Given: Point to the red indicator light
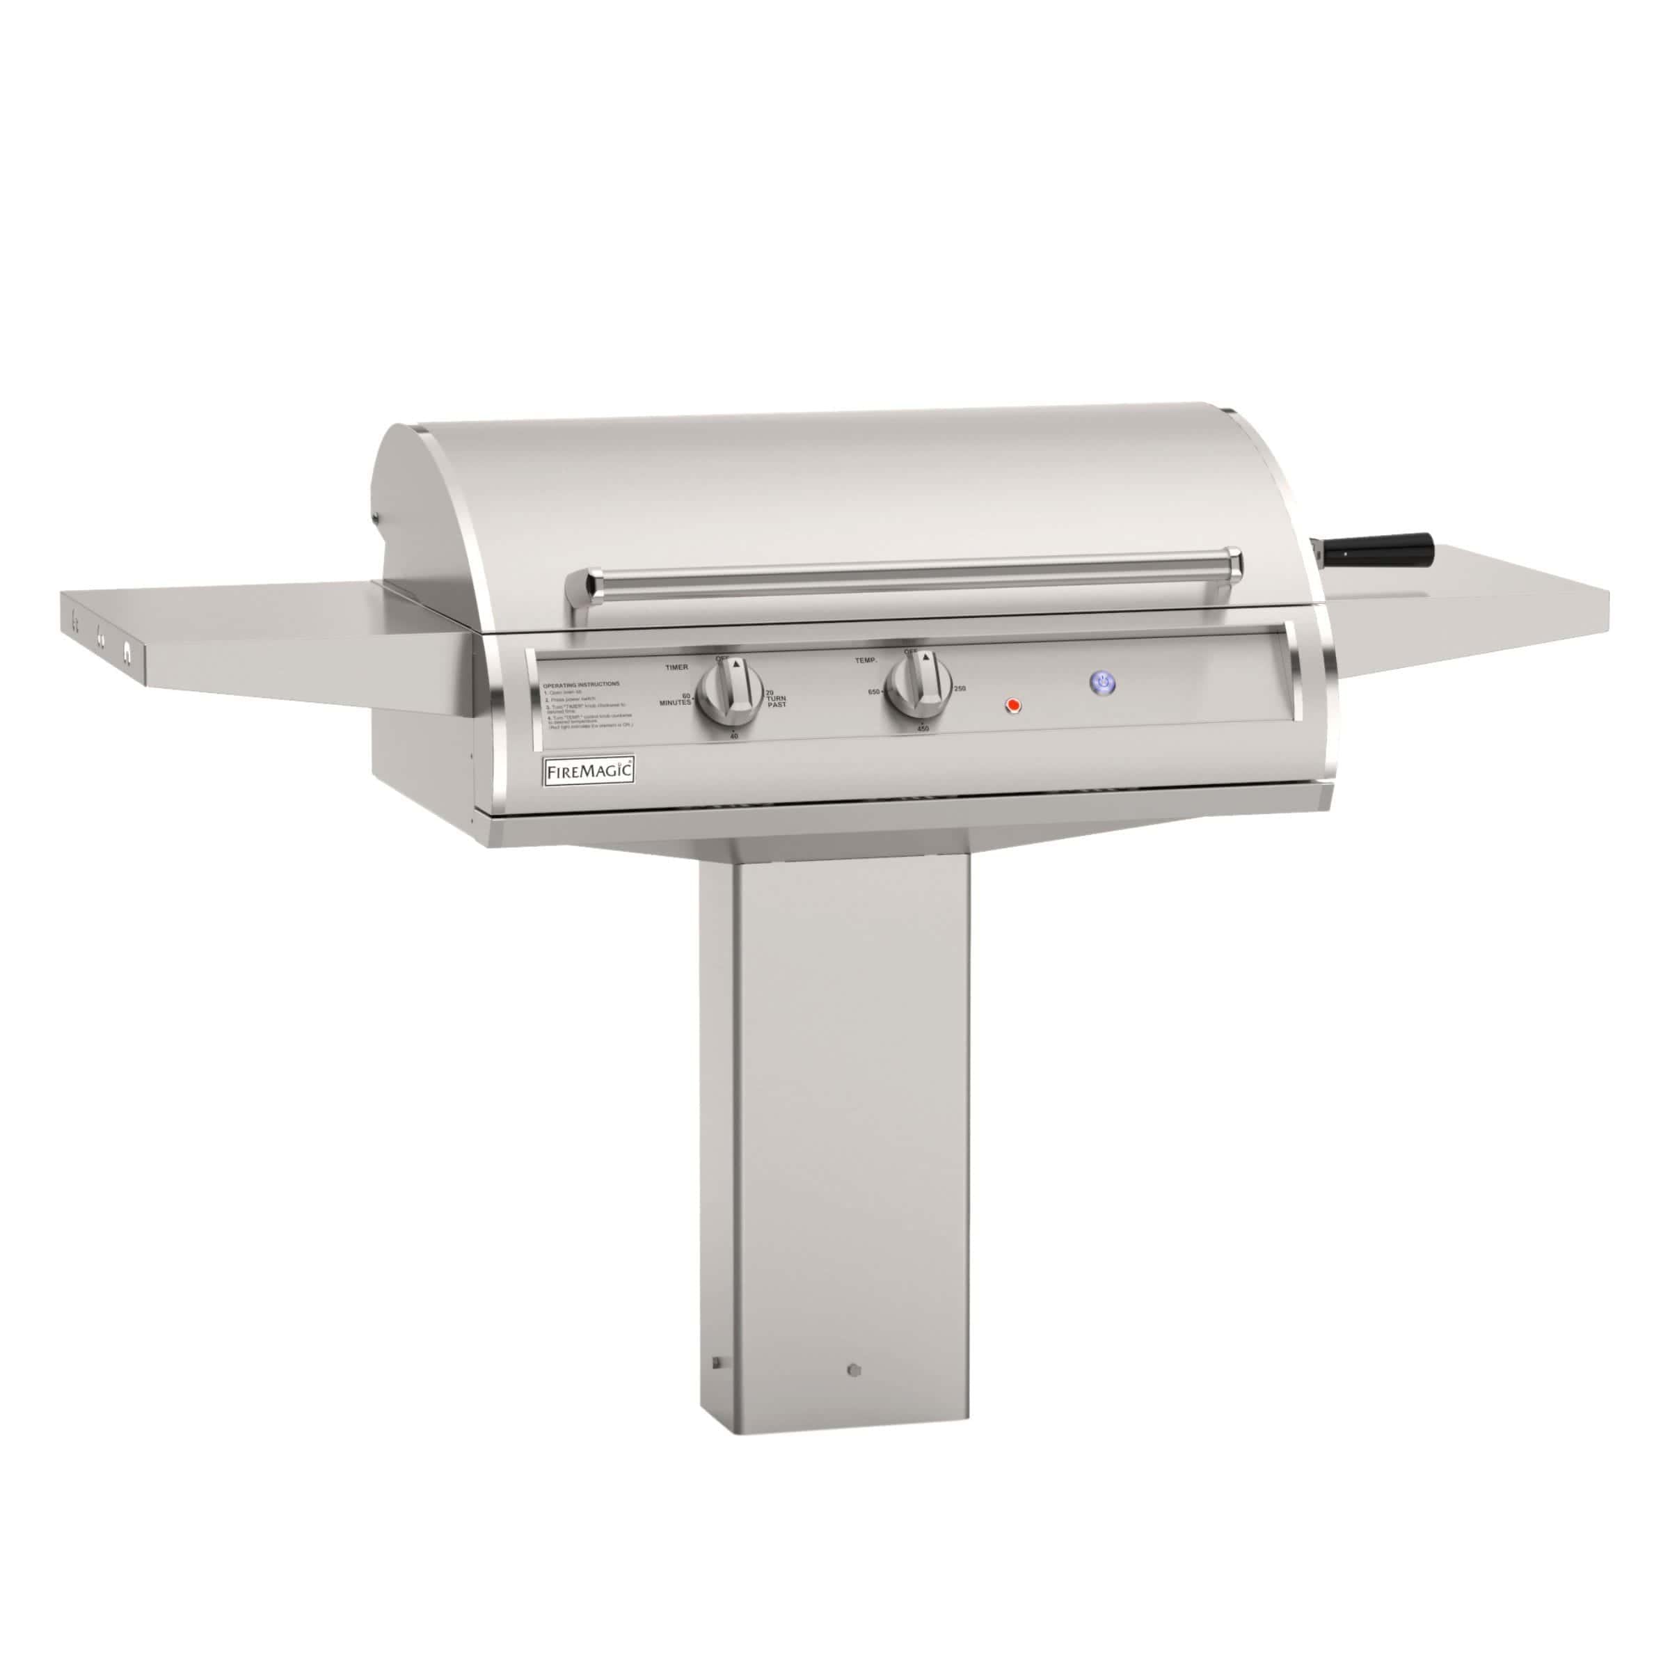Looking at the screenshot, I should point(1014,706).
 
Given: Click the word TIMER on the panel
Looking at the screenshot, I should point(677,668).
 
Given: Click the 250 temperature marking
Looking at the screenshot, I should point(960,688).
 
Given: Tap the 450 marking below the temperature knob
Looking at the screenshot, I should point(922,729).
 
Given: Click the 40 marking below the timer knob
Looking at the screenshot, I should point(734,735).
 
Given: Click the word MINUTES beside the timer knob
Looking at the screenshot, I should point(675,702).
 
